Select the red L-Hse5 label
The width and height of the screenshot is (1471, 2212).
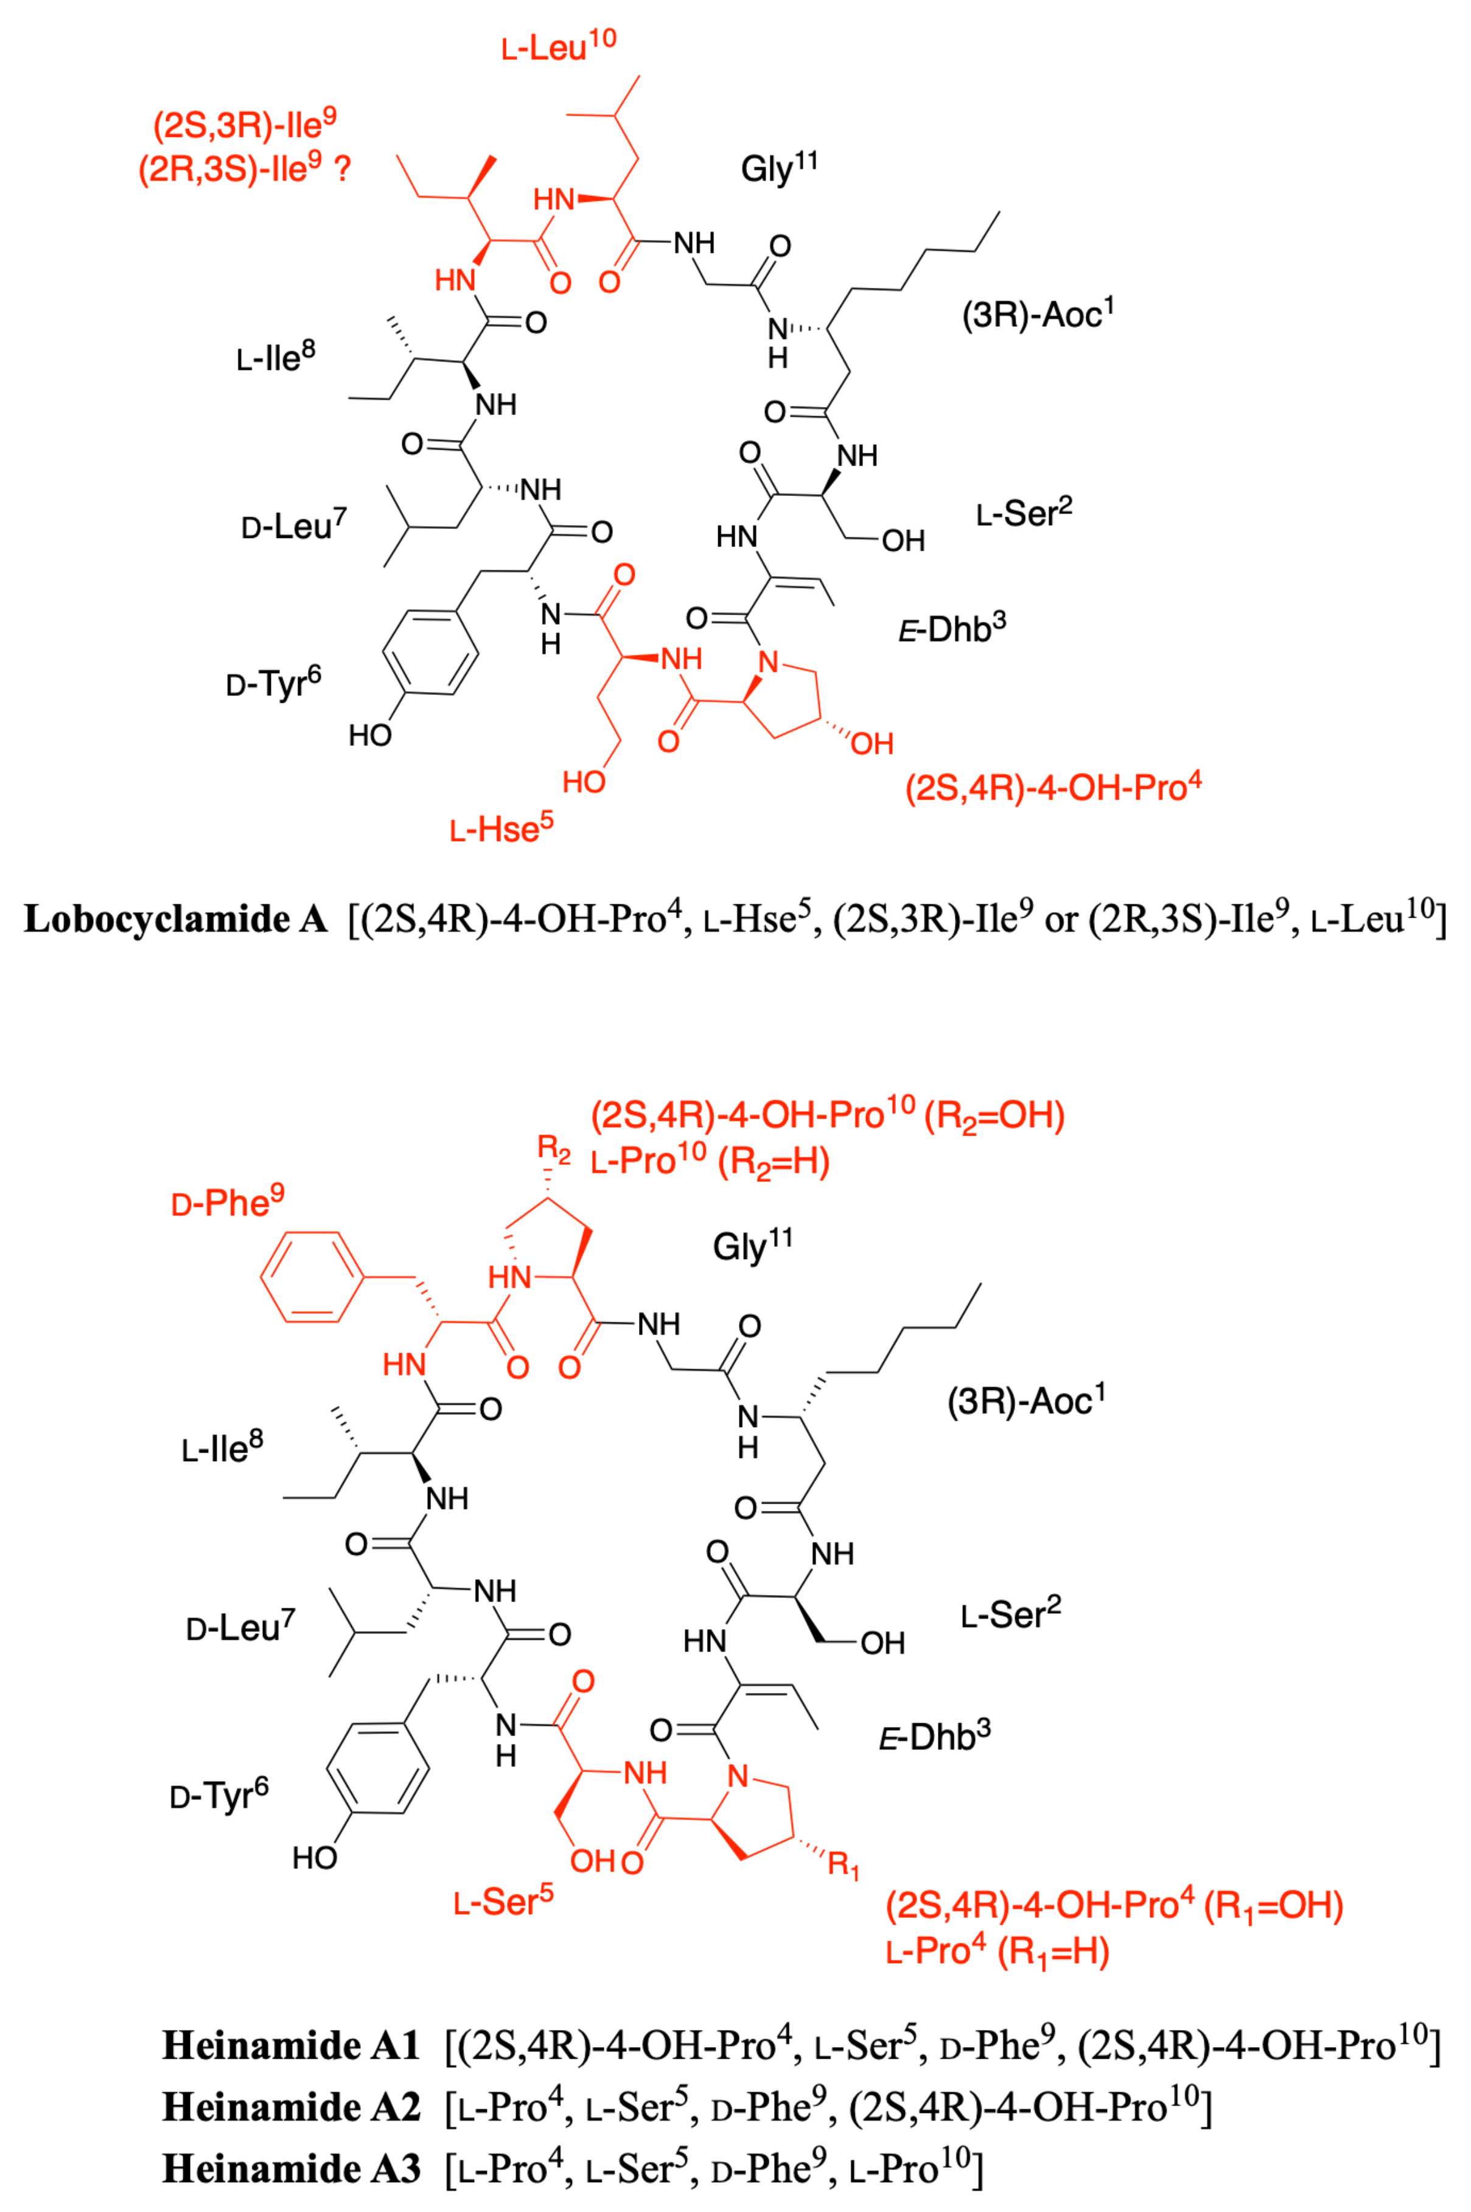tap(502, 828)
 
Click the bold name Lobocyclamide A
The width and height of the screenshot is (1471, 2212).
tap(175, 919)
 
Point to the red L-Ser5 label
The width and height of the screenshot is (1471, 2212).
tap(504, 1902)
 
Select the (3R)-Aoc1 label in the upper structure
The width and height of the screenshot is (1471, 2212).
tap(1036, 314)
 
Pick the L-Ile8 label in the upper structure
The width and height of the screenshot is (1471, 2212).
tap(275, 357)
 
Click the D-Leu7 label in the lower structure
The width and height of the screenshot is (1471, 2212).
tap(241, 1626)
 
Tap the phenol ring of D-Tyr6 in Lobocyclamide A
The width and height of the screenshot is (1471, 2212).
tap(431, 652)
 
